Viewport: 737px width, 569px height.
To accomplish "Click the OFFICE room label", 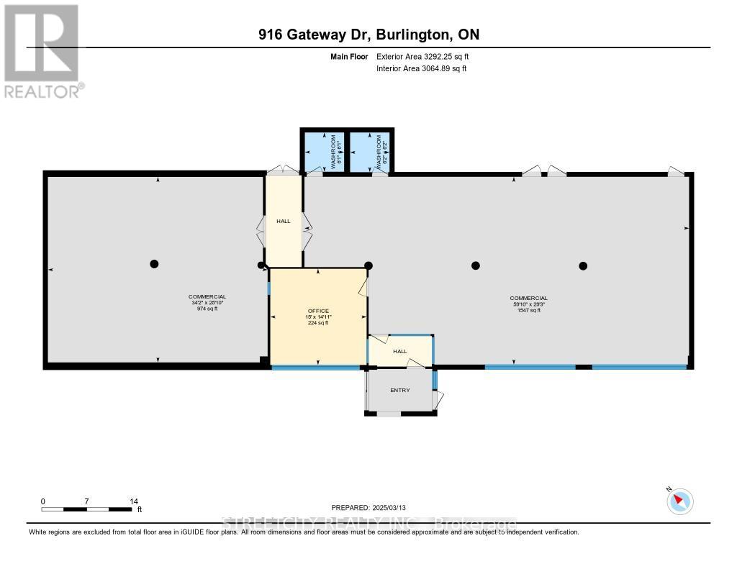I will [318, 311].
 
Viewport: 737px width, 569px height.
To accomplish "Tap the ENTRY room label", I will [400, 391].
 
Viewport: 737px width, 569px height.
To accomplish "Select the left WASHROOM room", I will [324, 152].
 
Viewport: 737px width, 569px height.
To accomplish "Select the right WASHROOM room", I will [370, 152].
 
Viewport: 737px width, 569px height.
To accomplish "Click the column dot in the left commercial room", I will [154, 264].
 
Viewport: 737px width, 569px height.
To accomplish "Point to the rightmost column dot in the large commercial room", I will [583, 265].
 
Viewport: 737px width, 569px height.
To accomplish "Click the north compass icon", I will [679, 501].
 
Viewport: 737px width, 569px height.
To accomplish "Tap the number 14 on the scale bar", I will [134, 501].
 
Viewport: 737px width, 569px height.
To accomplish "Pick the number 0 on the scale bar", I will [43, 501].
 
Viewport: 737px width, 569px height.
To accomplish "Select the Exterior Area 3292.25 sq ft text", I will [423, 56].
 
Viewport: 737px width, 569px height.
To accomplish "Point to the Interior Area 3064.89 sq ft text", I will [422, 68].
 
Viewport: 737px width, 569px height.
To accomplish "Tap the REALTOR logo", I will [42, 50].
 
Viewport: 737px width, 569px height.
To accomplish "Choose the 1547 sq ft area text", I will [529, 311].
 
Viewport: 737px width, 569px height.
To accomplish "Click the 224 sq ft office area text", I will [318, 323].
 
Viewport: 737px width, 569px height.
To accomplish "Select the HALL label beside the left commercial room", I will [284, 221].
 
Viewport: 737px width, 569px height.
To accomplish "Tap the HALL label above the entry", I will [400, 351].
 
